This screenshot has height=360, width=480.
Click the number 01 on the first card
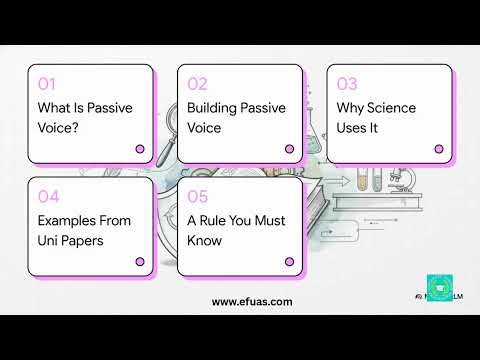(48, 84)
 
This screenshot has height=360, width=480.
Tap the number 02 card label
(198, 84)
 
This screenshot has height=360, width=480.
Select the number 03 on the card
(347, 84)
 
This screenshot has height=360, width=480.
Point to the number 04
(49, 196)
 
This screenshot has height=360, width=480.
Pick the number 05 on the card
(198, 196)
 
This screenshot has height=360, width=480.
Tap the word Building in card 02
(212, 108)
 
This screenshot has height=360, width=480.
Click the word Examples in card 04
(67, 220)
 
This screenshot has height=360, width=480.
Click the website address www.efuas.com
(252, 301)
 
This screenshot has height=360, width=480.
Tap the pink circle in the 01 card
(140, 149)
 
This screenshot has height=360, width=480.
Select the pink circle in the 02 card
(289, 149)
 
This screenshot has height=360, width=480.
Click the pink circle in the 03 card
(438, 149)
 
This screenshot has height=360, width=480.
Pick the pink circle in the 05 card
(289, 261)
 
